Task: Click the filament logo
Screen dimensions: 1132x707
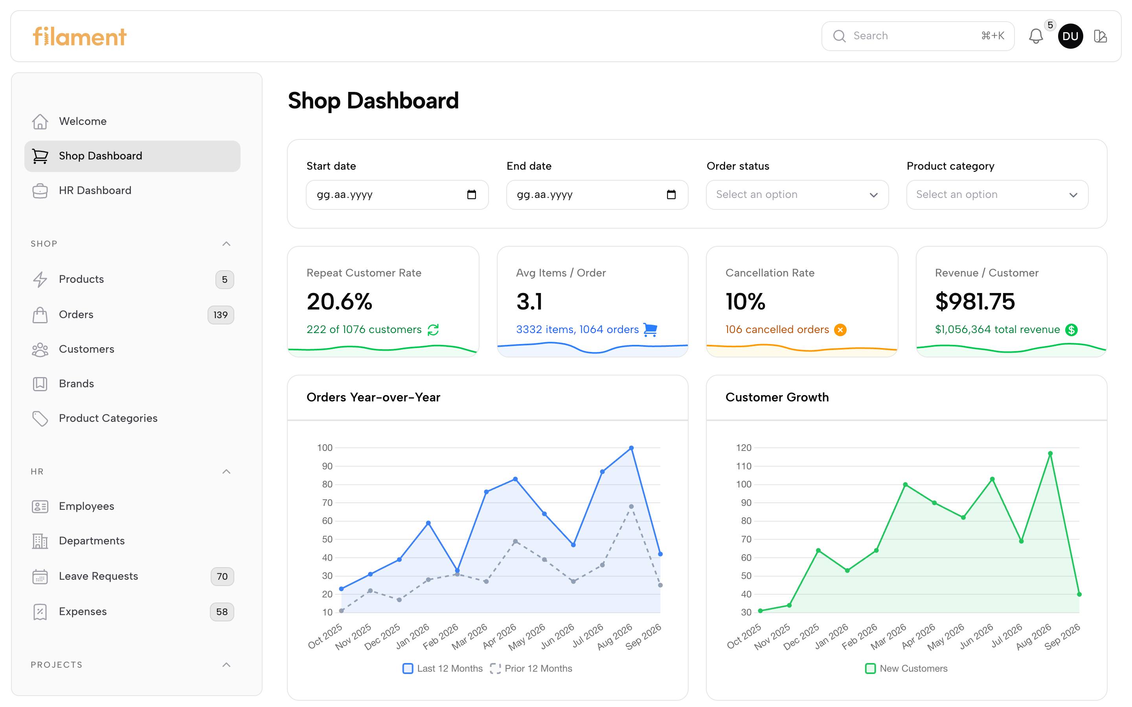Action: [79, 37]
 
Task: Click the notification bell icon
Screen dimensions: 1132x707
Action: [1036, 36]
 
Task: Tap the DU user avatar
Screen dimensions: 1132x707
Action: [1070, 36]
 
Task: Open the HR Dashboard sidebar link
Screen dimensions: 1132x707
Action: [95, 190]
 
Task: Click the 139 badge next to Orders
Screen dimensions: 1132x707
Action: [221, 315]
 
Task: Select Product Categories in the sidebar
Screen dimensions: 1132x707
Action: [108, 418]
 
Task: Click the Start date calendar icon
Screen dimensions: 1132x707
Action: [472, 194]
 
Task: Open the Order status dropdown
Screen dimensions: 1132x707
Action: [797, 194]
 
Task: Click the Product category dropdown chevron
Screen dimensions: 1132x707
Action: [1073, 195]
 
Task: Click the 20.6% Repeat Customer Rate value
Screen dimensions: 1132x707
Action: [340, 301]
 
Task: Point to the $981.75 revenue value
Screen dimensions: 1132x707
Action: [975, 301]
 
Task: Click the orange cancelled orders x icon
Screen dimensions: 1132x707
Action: [840, 330]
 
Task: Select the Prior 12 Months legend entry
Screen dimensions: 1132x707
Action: [531, 669]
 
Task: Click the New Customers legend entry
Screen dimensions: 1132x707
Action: [906, 669]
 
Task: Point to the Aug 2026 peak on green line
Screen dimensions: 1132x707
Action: [1050, 454]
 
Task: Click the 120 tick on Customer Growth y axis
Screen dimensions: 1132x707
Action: [744, 448]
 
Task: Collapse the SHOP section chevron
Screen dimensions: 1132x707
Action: [226, 244]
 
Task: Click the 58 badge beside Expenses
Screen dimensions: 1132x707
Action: [222, 612]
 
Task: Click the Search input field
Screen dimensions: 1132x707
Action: [918, 36]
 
